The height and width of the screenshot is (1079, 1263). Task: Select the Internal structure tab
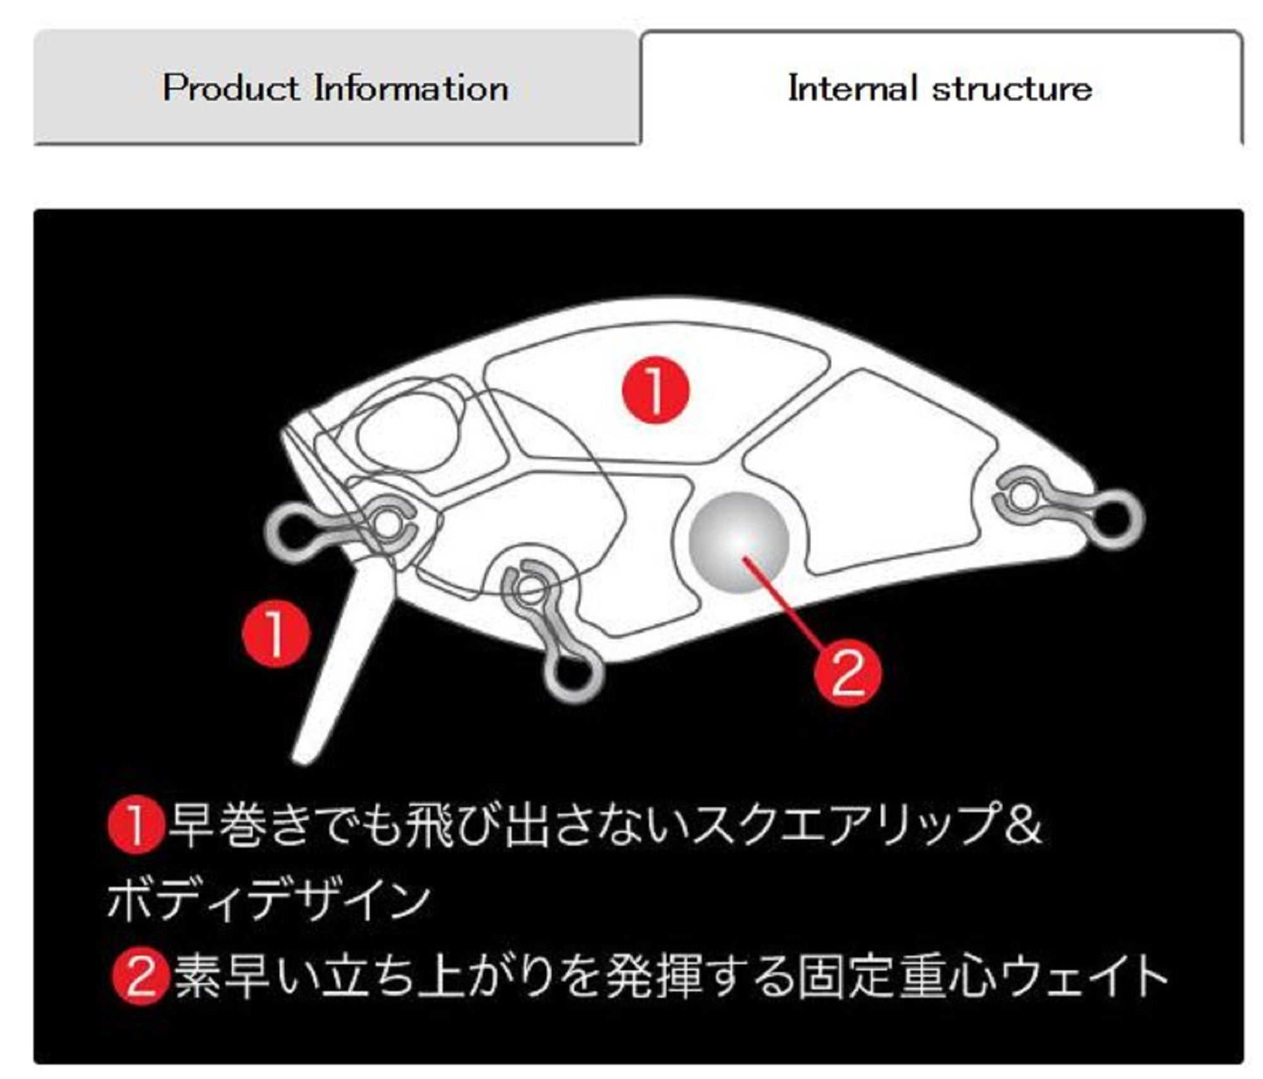[x=941, y=87]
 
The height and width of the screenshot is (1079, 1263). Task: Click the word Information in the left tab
[x=411, y=87]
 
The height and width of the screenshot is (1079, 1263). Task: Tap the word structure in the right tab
[x=1012, y=88]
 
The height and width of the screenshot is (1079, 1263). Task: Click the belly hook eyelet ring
[x=573, y=677]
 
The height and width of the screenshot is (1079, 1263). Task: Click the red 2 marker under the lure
[x=847, y=674]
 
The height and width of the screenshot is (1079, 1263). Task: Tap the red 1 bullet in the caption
[x=136, y=826]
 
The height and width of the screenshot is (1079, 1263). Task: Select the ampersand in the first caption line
[x=1020, y=826]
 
